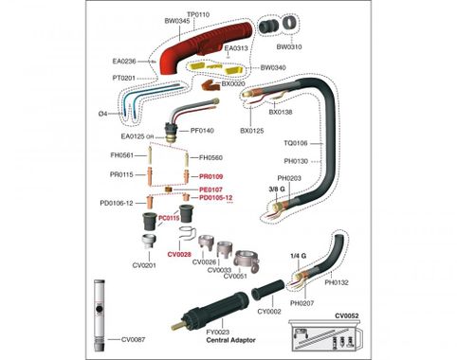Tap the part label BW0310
pos(289,46)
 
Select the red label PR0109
pos(211,176)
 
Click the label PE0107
pos(210,189)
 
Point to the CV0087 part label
pos(134,339)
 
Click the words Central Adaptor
pos(230,340)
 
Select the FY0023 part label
pos(218,332)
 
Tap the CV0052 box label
pos(347,315)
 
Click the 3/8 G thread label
pos(277,189)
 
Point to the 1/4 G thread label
pos(298,256)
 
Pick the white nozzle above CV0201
pos(149,242)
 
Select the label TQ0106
pos(296,143)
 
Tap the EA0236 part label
pos(124,61)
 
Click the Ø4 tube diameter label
pos(102,114)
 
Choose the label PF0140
pos(202,131)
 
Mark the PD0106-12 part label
pos(117,203)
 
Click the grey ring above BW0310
pos(290,24)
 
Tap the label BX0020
pos(233,83)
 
